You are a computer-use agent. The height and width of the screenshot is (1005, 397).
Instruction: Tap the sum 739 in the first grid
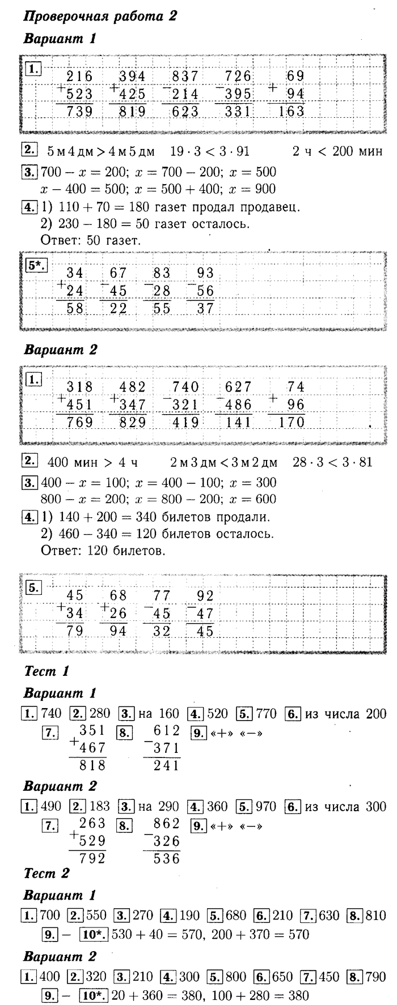tap(79, 111)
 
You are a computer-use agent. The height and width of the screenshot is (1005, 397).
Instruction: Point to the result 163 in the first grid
tap(292, 111)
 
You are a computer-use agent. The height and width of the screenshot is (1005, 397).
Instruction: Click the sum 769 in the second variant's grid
tap(79, 421)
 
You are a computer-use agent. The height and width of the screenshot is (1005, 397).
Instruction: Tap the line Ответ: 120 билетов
tap(99, 550)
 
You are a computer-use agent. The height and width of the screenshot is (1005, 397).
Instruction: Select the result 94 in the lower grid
tap(118, 630)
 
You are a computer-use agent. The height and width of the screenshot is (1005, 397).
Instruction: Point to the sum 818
tap(92, 765)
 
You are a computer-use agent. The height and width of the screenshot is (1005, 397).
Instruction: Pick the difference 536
tap(166, 858)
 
